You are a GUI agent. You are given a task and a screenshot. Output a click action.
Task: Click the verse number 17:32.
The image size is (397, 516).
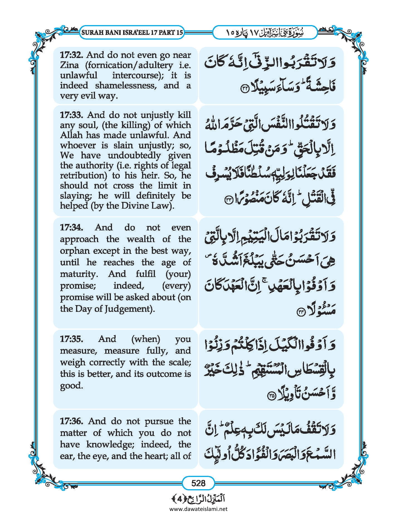pos(71,55)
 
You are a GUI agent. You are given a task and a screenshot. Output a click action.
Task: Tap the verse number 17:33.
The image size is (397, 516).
pos(71,115)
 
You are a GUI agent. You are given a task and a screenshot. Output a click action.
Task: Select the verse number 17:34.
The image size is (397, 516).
pos(71,227)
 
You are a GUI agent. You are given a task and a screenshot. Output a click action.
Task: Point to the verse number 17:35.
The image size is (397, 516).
pos(71,339)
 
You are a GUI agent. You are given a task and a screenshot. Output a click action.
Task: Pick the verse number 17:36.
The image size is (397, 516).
pos(71,421)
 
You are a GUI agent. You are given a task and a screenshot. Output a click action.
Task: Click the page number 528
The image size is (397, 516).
pos(198,483)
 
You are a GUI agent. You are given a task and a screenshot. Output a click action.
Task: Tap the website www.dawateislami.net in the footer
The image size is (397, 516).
pos(198,509)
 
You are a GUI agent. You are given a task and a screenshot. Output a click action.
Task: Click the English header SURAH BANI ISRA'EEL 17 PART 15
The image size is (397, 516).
pos(132,32)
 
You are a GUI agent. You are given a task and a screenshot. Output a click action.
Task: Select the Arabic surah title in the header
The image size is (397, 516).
pos(265,33)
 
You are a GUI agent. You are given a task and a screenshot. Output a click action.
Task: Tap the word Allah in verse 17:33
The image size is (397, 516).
pos(71,135)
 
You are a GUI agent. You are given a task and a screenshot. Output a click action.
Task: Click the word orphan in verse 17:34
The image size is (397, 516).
pos(75,251)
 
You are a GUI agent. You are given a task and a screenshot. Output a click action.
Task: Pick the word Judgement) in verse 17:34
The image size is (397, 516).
pos(129,309)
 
